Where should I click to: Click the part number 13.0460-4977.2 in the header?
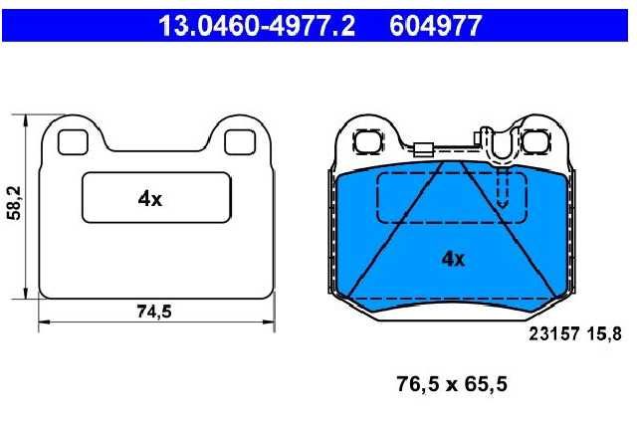pyautogui.click(x=257, y=26)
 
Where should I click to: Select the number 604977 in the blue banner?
pyautogui.click(x=435, y=26)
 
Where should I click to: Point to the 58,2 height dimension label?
pyautogui.click(x=15, y=203)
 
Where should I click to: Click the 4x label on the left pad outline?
pyautogui.click(x=150, y=199)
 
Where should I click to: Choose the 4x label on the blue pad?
pyautogui.click(x=453, y=259)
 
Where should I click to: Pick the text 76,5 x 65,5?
pyautogui.click(x=452, y=384)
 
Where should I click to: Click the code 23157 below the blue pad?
pyautogui.click(x=553, y=334)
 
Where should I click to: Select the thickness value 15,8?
pyautogui.click(x=604, y=334)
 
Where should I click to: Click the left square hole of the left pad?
pyautogui.click(x=73, y=142)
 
